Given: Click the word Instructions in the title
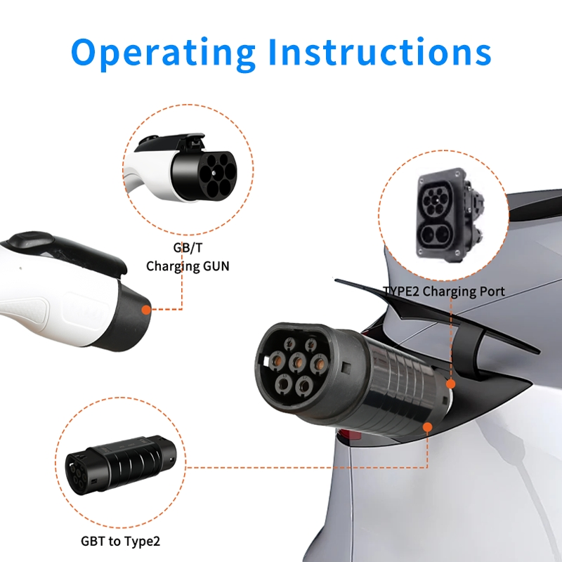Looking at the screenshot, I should tap(380, 52).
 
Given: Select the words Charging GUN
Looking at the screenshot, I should tap(187, 266).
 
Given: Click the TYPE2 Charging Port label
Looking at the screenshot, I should tap(444, 291).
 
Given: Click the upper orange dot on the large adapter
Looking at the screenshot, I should tap(451, 384).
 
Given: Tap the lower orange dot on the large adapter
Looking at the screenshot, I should tap(428, 426).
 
